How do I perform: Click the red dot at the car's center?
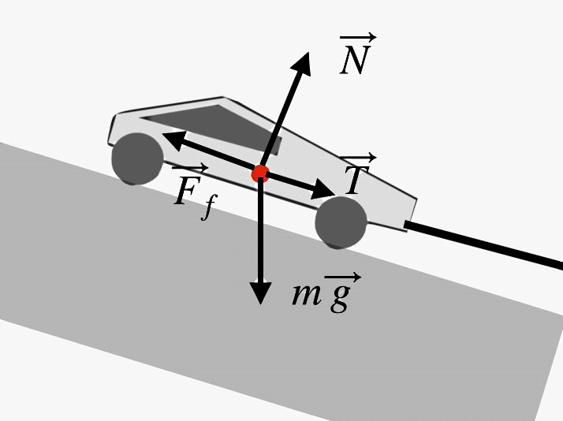260,173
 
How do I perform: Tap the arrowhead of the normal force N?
303,62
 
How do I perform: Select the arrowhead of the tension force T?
325,191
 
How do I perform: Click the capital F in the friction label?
186,192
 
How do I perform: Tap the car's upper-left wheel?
136,158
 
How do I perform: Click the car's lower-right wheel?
341,222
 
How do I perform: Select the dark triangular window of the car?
213,125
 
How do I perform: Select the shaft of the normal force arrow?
280,118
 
